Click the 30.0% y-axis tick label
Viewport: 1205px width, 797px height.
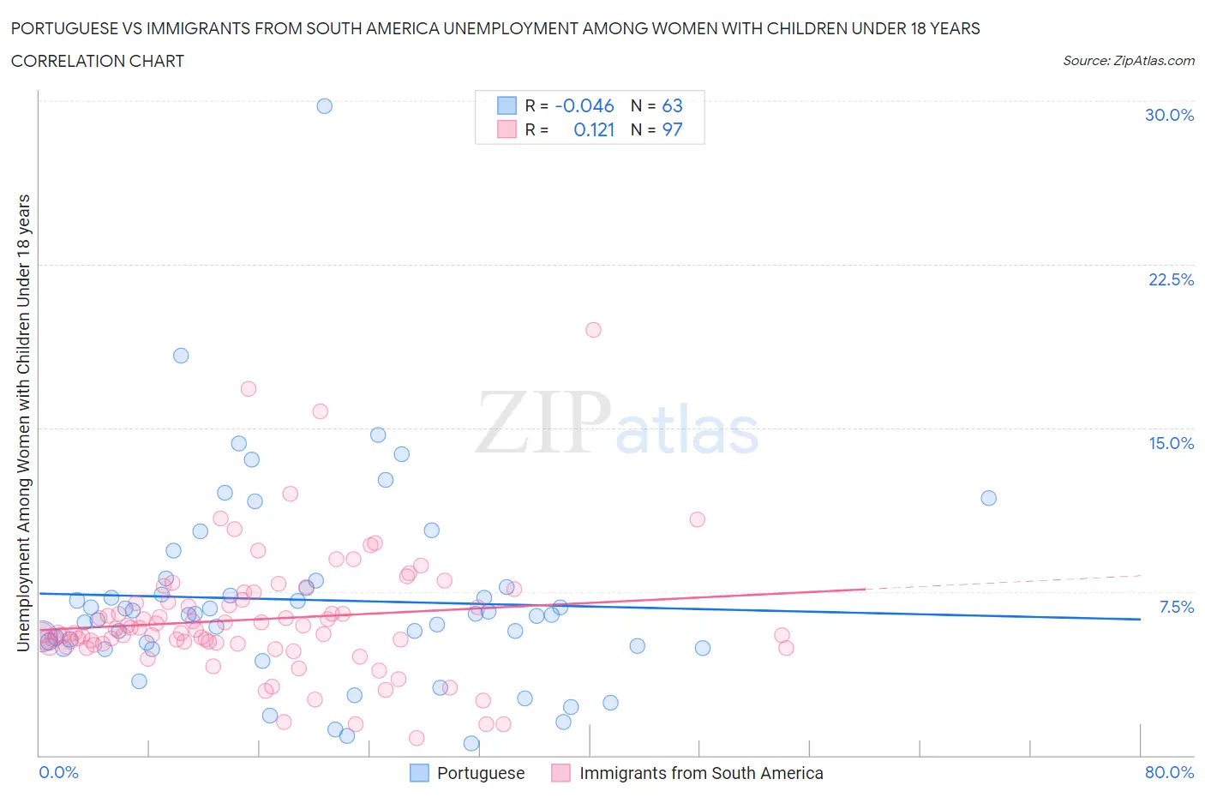[x=1169, y=115]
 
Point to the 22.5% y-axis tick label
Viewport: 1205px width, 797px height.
[x=1171, y=279]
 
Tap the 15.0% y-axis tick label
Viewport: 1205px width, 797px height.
[x=1171, y=443]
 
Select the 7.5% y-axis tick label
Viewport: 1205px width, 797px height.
[x=1176, y=607]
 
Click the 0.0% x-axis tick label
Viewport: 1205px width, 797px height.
[x=58, y=772]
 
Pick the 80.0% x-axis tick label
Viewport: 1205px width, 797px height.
[x=1169, y=772]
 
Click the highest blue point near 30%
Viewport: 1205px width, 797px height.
[x=324, y=106]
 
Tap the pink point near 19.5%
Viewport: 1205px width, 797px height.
[x=593, y=330]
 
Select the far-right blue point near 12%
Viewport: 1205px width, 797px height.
[x=988, y=498]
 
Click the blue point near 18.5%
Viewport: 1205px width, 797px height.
[x=181, y=356]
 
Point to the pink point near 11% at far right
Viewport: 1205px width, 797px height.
[x=697, y=519]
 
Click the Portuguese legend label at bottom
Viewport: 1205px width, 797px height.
[x=480, y=773]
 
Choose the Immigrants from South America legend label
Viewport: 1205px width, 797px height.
[x=700, y=773]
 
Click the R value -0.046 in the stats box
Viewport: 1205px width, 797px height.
[x=585, y=105]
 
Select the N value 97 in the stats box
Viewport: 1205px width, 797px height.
[x=672, y=129]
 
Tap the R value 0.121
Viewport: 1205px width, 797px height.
[x=594, y=129]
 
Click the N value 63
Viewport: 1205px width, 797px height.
[x=672, y=105]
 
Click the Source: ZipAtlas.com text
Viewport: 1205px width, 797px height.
[x=1128, y=61]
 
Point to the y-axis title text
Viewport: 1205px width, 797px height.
[x=24, y=422]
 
